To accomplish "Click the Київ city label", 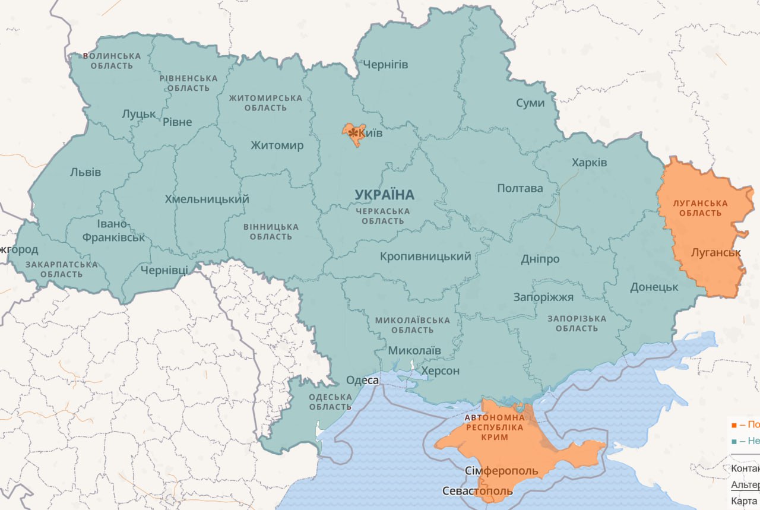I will [x=370, y=134].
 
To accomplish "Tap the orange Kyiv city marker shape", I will [x=351, y=134].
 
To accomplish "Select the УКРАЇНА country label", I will [x=384, y=195].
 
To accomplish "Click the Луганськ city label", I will [x=716, y=252].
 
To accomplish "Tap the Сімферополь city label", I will [x=501, y=471].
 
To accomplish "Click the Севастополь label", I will [x=477, y=491].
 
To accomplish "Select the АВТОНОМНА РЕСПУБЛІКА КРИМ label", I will [x=495, y=427].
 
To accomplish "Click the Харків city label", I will [x=589, y=162].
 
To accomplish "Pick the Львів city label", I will [x=85, y=172].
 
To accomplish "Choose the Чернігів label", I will [x=385, y=64].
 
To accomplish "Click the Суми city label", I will [x=530, y=103].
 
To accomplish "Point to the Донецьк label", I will [x=654, y=287].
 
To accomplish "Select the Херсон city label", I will [x=440, y=371].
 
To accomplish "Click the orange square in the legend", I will [x=734, y=425].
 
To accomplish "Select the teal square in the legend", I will [x=734, y=441].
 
